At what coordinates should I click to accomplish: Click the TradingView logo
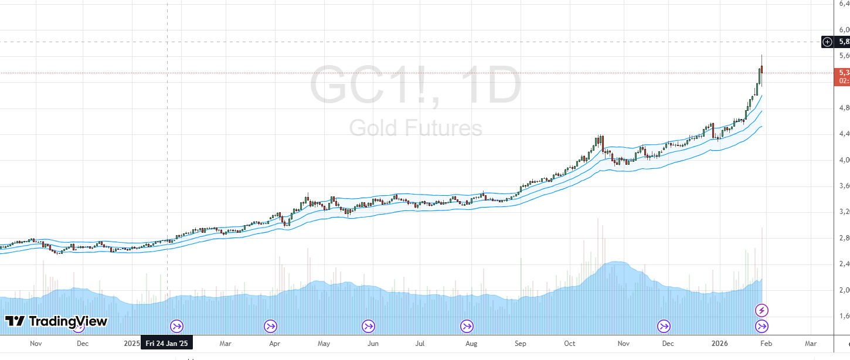coord(56,321)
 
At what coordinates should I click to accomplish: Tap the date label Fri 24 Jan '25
coord(168,344)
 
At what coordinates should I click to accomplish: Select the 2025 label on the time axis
coord(132,344)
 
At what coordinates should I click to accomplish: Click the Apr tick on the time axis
coord(273,344)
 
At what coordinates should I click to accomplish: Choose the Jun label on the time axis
coord(372,344)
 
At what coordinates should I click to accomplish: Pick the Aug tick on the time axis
coord(471,344)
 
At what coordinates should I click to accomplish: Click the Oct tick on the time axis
coord(569,344)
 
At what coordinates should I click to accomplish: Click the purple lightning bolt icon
coord(761,310)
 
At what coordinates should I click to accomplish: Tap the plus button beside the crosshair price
coord(827,42)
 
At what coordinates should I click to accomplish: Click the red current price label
coord(842,76)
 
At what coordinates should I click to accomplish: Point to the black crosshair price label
coord(844,42)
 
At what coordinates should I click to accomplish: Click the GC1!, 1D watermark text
coord(415,86)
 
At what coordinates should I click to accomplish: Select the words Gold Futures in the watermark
coord(415,127)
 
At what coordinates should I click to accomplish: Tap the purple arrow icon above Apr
coord(270,326)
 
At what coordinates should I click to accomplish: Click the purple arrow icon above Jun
coord(368,326)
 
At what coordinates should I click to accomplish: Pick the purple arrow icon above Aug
coord(467,326)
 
